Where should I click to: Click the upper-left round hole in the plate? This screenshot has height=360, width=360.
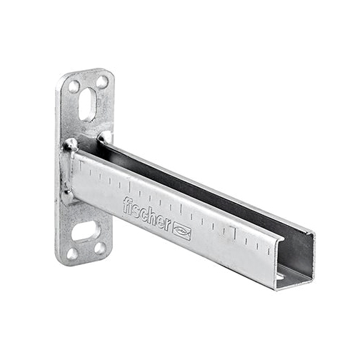tap(74, 86)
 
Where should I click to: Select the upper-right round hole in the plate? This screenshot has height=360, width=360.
tap(103, 81)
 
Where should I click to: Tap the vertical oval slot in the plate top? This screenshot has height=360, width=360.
tap(87, 104)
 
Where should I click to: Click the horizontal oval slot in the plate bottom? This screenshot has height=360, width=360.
tap(85, 231)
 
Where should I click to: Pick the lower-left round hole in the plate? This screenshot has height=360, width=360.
tap(72, 254)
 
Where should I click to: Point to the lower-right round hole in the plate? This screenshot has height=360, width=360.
tap(100, 249)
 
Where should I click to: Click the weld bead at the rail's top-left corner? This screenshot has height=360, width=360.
tap(70, 145)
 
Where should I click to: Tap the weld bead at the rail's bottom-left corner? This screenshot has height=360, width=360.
tap(68, 196)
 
